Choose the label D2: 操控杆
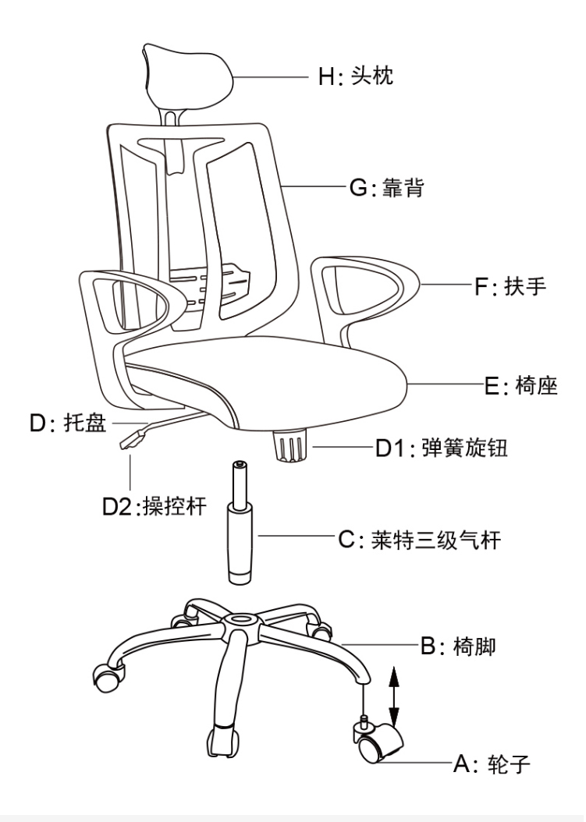tap(155, 506)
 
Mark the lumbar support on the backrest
tap(211, 282)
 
